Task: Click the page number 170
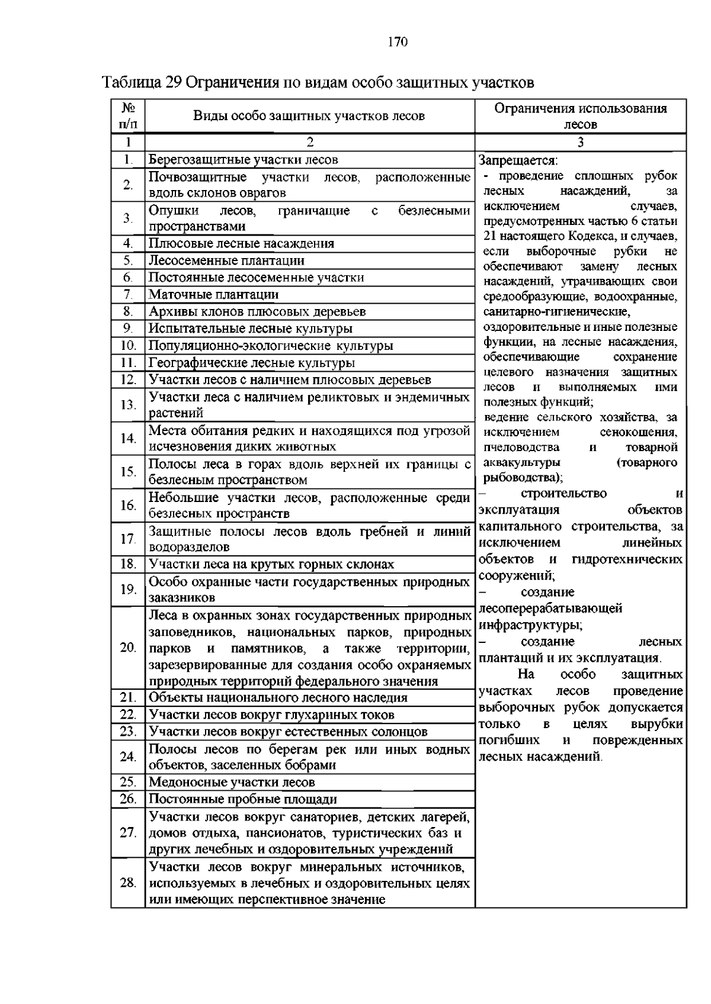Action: tap(398, 41)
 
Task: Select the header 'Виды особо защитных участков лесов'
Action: tap(309, 116)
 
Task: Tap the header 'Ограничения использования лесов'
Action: tap(580, 116)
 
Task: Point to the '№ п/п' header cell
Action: tap(128, 116)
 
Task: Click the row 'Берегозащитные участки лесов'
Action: tap(243, 160)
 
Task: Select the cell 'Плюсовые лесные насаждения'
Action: tap(241, 244)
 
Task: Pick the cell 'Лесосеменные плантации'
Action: tap(226, 260)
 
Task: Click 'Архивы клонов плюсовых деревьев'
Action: tap(257, 312)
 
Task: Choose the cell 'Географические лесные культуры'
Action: tap(252, 363)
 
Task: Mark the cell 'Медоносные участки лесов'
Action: tap(232, 783)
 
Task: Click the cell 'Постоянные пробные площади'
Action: tap(242, 800)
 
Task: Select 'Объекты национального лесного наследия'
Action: tap(278, 698)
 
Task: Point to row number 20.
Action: tap(128, 648)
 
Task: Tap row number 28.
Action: tap(128, 883)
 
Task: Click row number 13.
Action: tap(128, 405)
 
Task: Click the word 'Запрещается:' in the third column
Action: tap(518, 161)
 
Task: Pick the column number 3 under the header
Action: tap(580, 143)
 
